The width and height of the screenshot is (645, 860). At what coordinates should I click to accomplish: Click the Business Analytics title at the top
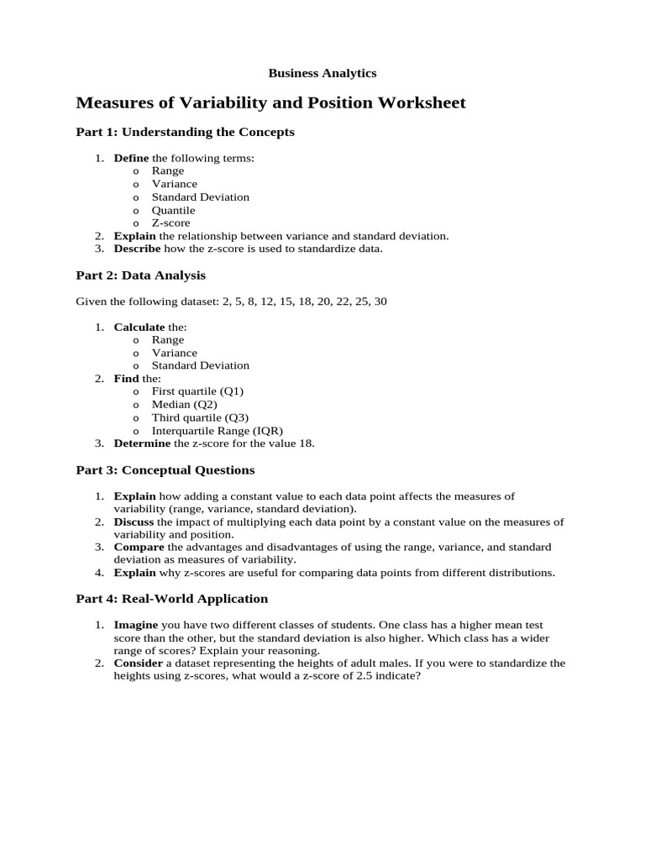pos(322,73)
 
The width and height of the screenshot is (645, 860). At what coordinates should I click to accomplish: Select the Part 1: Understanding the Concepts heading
pos(185,133)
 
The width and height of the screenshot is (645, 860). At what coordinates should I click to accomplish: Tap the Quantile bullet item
pos(173,210)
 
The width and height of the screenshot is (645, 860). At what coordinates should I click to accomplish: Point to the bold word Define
pos(131,158)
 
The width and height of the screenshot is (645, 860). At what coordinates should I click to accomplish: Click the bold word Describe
pos(138,249)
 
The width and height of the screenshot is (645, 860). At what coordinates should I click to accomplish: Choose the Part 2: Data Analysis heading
pos(140,275)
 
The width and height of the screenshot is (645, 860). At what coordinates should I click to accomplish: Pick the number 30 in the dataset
pos(380,301)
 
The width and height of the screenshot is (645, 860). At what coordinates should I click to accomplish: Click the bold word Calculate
pos(139,327)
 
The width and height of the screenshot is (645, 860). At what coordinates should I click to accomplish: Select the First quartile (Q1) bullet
pos(197,391)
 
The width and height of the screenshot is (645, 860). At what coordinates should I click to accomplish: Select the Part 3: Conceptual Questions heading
pos(165,470)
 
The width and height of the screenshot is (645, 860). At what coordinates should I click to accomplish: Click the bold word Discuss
pos(135,522)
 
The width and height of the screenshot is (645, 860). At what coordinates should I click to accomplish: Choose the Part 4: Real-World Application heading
pos(172,599)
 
